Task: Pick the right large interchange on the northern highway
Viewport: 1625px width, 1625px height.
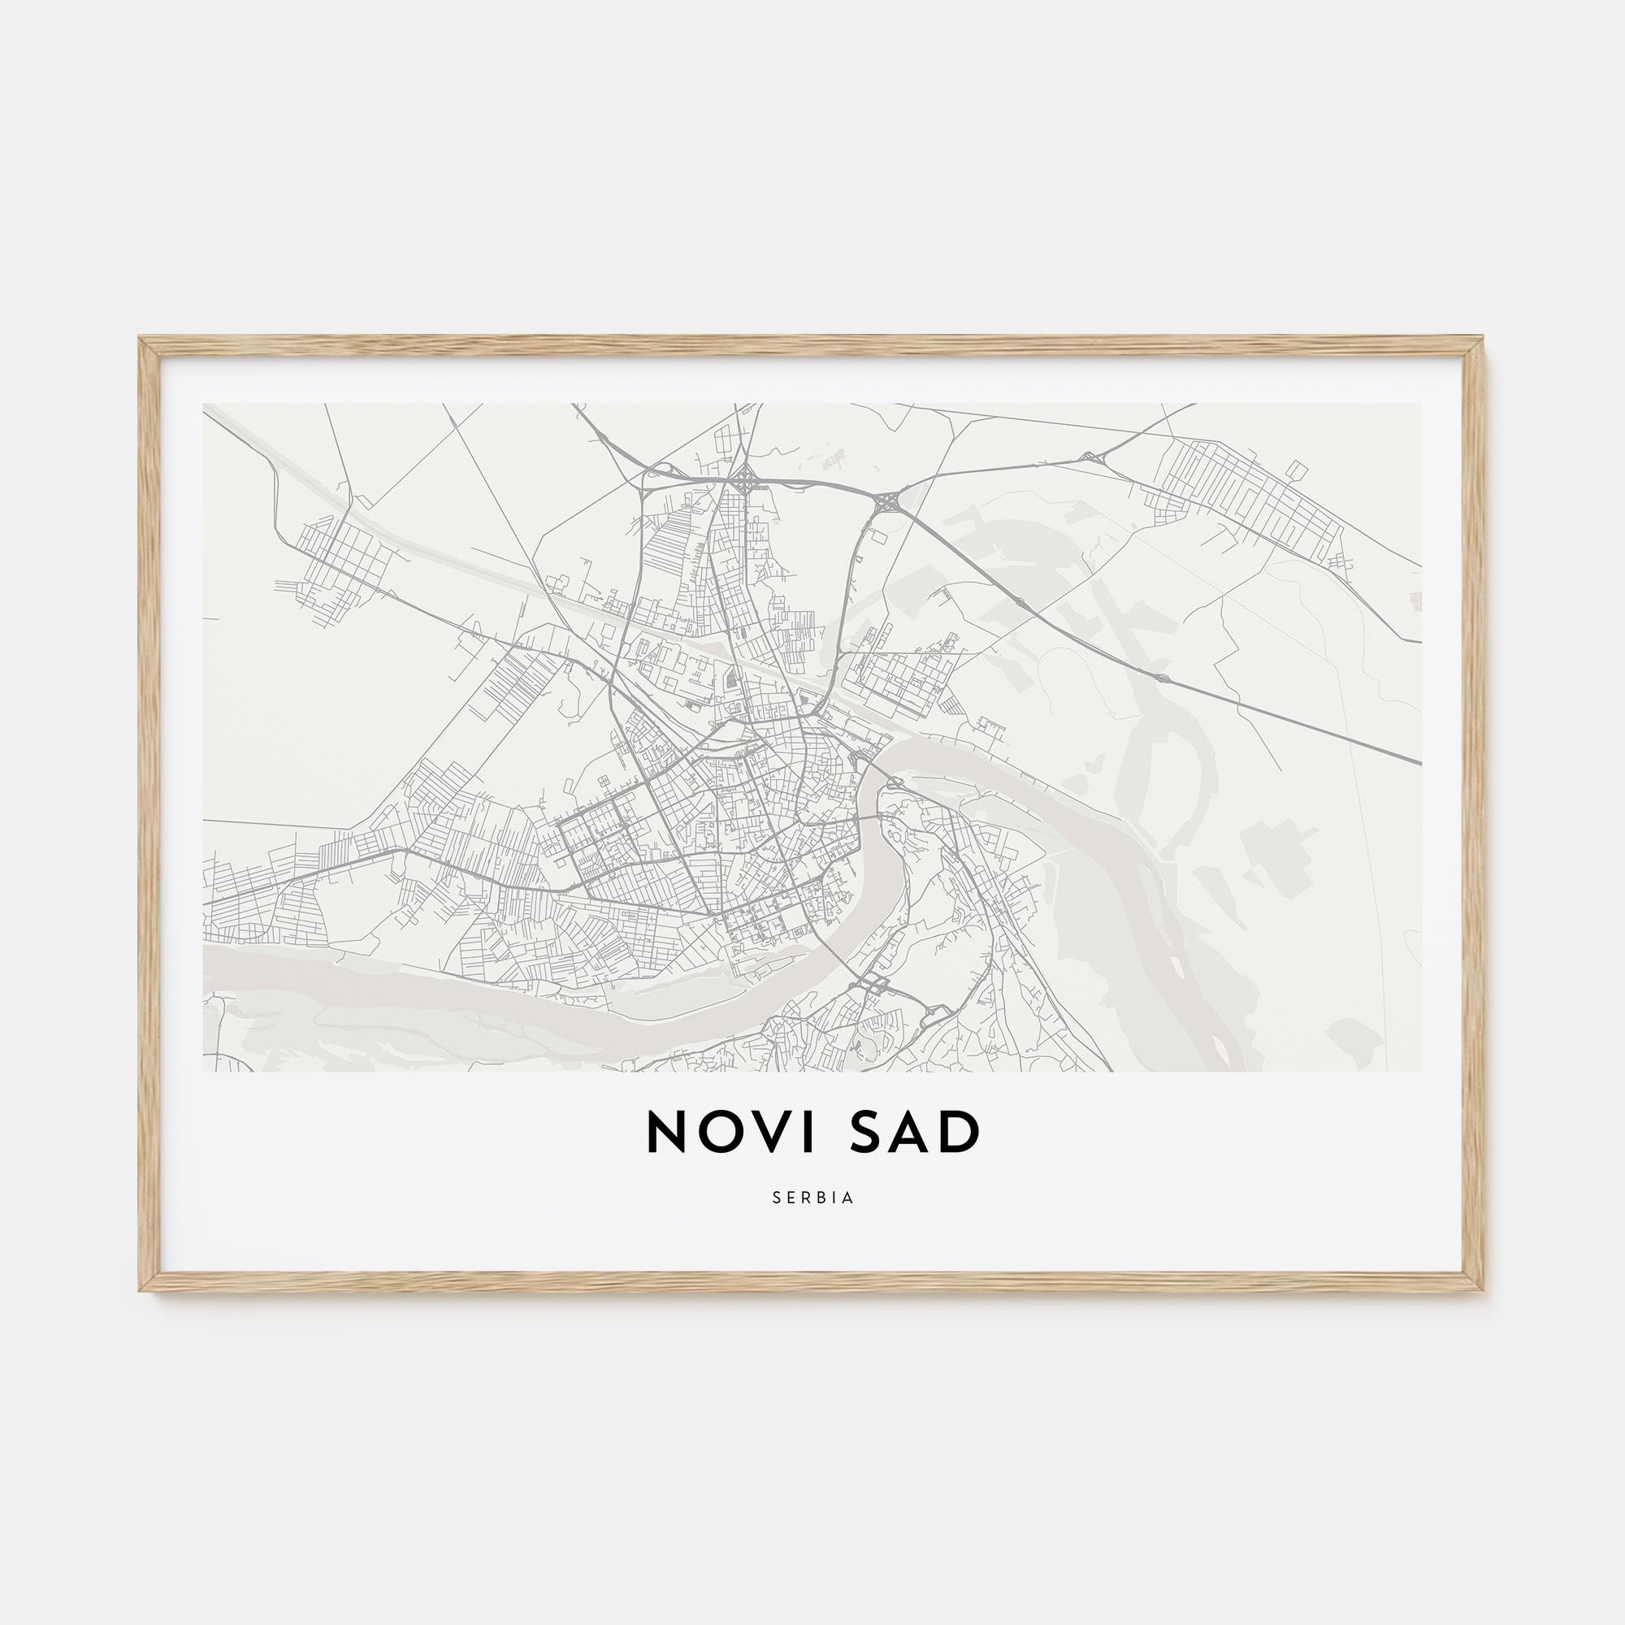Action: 887,503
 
